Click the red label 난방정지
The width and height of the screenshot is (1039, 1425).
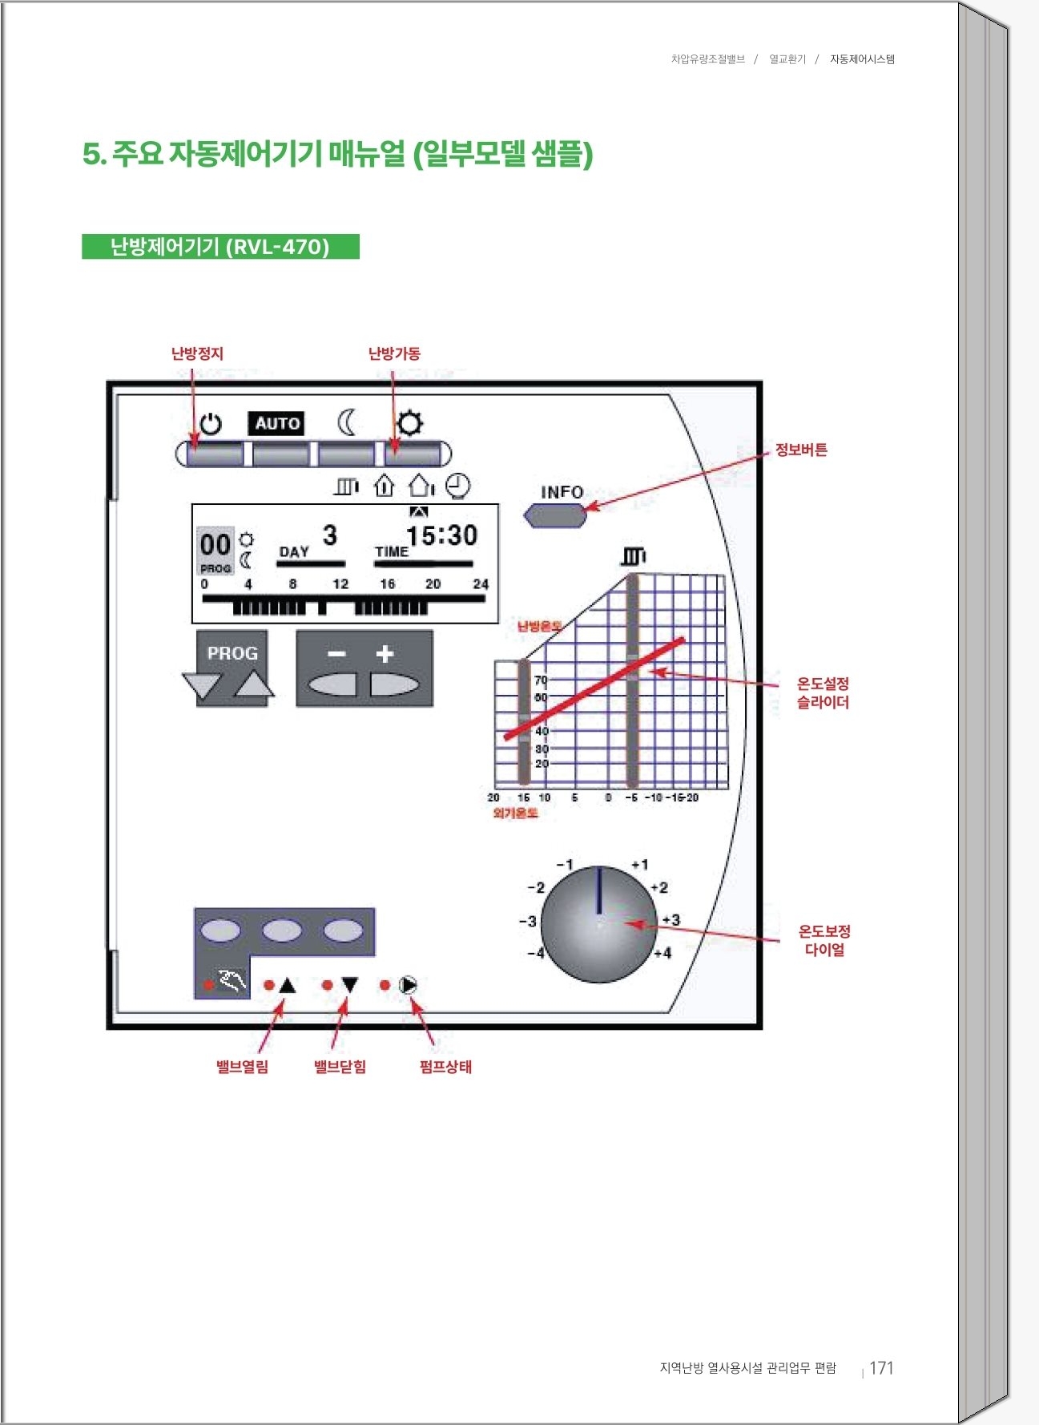pyautogui.click(x=197, y=353)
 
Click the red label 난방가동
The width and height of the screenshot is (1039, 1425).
pyautogui.click(x=394, y=353)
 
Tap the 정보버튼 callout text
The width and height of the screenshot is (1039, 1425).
pyautogui.click(x=801, y=450)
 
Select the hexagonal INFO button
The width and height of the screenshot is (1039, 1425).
pyautogui.click(x=555, y=515)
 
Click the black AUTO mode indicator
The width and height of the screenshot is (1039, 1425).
pyautogui.click(x=277, y=423)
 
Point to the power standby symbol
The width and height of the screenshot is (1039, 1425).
pyautogui.click(x=211, y=423)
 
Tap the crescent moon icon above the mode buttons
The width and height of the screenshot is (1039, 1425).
pyautogui.click(x=346, y=422)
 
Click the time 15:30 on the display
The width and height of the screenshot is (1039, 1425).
pyautogui.click(x=441, y=535)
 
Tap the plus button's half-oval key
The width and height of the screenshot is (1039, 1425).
pyautogui.click(x=393, y=685)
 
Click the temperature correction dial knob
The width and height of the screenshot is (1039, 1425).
pyautogui.click(x=599, y=924)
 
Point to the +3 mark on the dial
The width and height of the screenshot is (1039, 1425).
pyautogui.click(x=671, y=920)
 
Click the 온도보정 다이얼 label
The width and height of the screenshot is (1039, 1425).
pyautogui.click(x=824, y=940)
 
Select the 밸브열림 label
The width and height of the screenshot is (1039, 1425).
pyautogui.click(x=242, y=1067)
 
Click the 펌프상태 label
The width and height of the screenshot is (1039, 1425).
pyautogui.click(x=445, y=1067)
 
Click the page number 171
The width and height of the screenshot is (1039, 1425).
pyautogui.click(x=881, y=1368)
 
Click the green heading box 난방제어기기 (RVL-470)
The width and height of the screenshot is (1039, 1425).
pyautogui.click(x=220, y=246)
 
